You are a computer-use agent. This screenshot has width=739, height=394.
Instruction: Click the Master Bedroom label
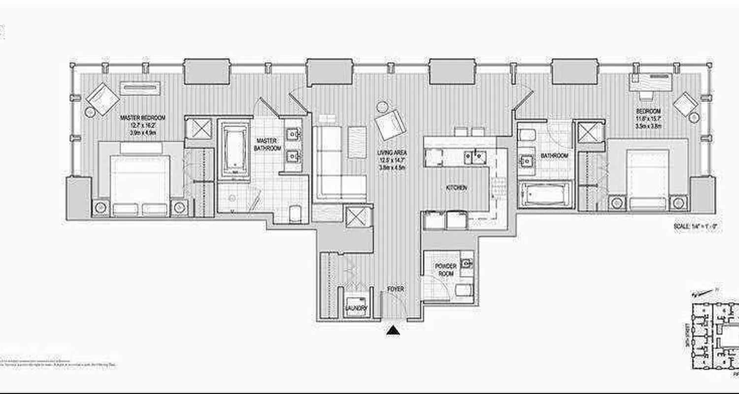143,118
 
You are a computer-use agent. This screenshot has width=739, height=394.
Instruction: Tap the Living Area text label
392,153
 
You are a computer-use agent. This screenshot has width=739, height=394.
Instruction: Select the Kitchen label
456,188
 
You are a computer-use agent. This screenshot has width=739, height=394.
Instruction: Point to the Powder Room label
445,269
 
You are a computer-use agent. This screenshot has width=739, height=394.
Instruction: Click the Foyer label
395,289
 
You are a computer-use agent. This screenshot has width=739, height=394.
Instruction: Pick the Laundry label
356,309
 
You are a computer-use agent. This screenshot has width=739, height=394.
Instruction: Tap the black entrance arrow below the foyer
393,330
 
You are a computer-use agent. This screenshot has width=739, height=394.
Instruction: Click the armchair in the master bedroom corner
102,98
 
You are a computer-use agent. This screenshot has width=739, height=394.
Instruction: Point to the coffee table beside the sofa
357,142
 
